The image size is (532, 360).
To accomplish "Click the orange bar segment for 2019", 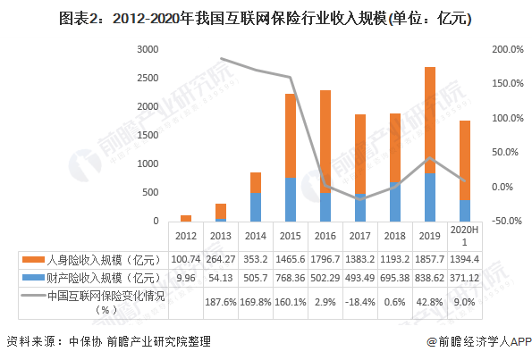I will (x=430, y=120).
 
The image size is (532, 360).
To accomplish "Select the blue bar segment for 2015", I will (x=291, y=199).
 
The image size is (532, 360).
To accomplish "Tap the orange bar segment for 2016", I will (x=325, y=141).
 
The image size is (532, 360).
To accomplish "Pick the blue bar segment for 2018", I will (x=395, y=201).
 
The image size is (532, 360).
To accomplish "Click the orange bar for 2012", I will (x=186, y=217).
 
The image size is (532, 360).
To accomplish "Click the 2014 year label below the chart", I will (x=256, y=236).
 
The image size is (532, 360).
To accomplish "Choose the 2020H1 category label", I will (x=465, y=236).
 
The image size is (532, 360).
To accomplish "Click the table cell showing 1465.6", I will (x=291, y=258).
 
